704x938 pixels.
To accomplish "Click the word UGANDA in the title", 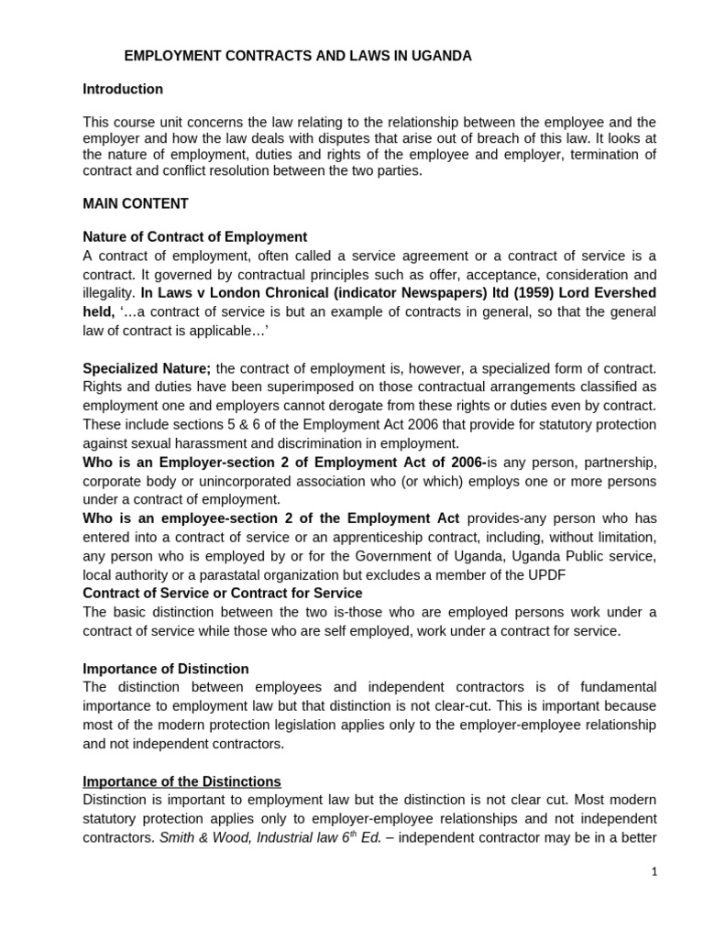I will (442, 56).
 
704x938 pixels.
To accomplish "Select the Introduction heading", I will (123, 89).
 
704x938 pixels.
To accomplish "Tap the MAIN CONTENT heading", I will (136, 203).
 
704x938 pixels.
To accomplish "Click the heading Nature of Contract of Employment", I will (194, 236).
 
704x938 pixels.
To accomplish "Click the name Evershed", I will (617, 293).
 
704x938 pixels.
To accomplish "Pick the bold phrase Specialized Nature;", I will (147, 368).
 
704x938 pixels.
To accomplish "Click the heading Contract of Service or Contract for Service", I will (222, 593).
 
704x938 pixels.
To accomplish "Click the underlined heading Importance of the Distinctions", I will (181, 781).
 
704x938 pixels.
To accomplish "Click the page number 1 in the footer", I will (654, 872).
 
